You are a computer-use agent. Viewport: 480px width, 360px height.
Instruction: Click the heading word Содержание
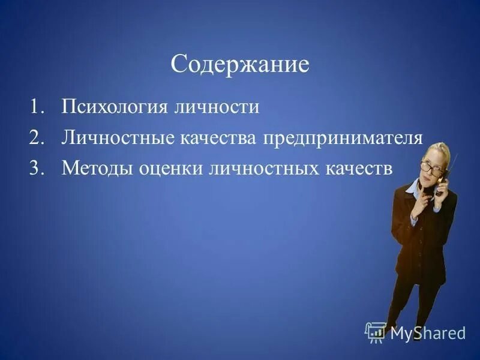click(x=239, y=64)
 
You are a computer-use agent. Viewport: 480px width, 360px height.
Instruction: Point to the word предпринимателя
click(x=342, y=139)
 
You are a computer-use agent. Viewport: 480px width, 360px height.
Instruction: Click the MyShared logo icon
click(x=375, y=332)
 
